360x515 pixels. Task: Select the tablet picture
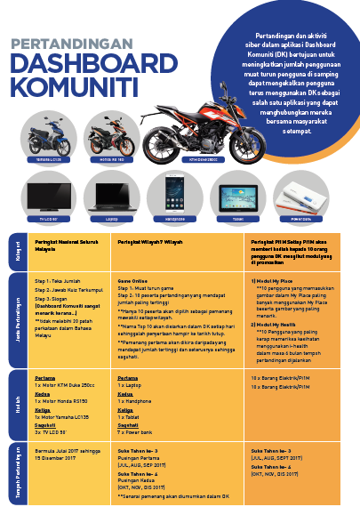[x=238, y=194]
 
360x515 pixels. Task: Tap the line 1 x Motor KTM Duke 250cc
[x=72, y=384]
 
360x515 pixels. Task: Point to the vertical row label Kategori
[x=18, y=249]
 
